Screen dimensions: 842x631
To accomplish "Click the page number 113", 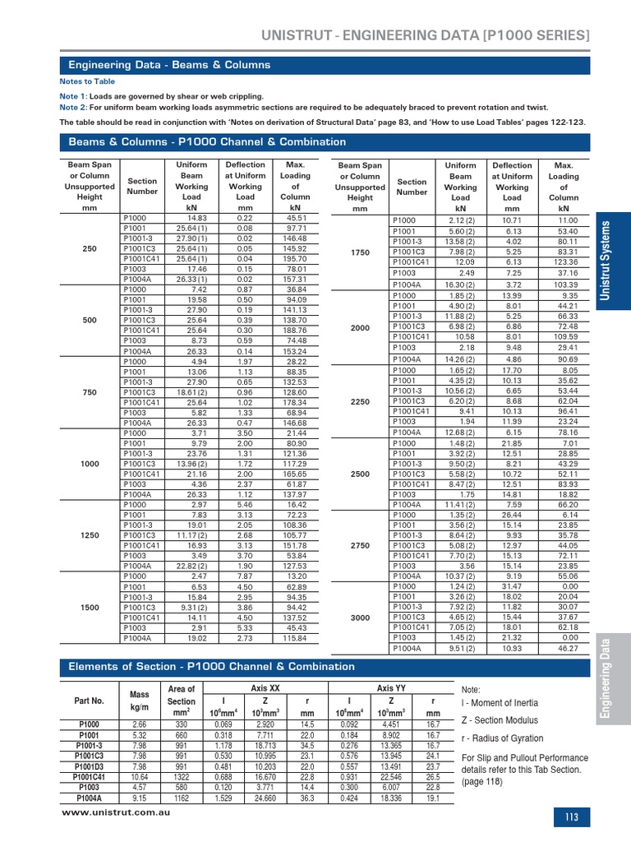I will [x=572, y=817].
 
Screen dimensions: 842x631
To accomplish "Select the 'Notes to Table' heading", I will [x=87, y=82].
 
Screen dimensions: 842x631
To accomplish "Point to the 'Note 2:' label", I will [x=73, y=108].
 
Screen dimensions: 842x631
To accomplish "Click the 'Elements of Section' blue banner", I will [x=212, y=667].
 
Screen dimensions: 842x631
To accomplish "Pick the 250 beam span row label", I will [x=90, y=249].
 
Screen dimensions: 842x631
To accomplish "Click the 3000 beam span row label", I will [x=360, y=617].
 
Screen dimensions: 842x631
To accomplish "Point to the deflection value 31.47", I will [x=512, y=586].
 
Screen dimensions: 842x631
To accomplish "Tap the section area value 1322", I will [x=181, y=776].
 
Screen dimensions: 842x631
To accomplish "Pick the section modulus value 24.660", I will [x=264, y=797].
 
